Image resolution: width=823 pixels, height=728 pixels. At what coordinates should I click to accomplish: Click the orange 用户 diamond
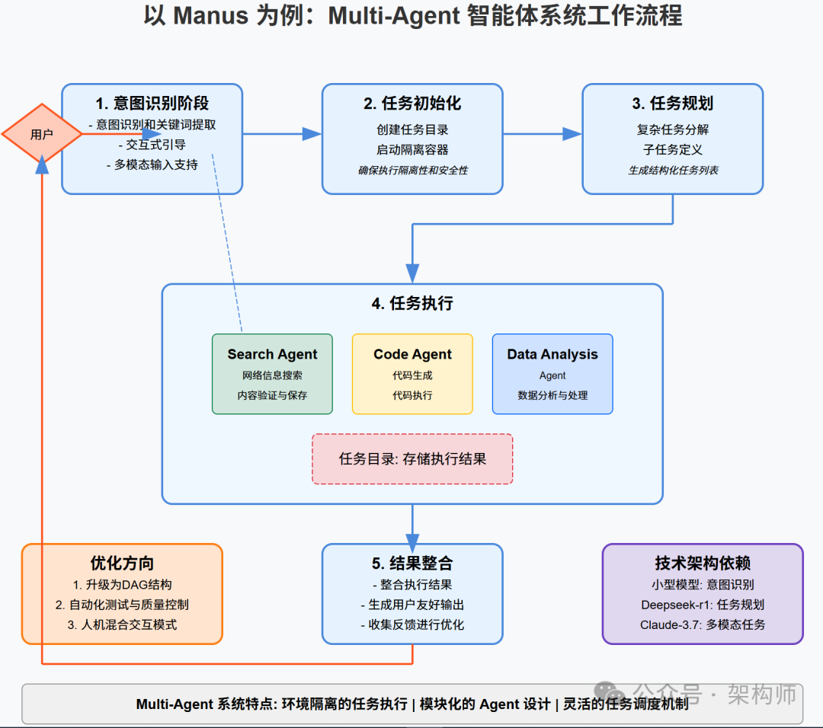(x=41, y=135)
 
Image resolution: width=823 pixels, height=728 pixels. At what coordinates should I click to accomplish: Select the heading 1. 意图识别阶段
(x=152, y=104)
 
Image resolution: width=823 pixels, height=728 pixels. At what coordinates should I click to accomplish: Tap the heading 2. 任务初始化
(x=411, y=104)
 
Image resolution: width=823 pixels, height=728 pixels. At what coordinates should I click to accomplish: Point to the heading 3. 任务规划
(x=672, y=104)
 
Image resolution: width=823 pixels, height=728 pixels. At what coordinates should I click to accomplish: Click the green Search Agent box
(x=272, y=374)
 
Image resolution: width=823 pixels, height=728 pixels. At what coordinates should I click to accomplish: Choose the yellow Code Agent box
(x=412, y=374)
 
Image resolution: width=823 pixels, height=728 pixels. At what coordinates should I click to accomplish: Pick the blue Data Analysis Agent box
(x=552, y=374)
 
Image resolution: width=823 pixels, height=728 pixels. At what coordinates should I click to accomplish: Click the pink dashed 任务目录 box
(x=412, y=459)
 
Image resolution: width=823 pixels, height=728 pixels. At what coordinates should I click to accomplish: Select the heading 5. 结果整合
(x=412, y=564)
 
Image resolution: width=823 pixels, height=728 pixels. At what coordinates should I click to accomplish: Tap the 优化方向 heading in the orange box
(x=122, y=564)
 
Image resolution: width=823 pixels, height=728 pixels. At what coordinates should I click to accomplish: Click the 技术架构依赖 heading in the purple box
(x=703, y=564)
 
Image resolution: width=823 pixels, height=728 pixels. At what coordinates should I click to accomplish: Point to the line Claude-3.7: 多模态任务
(x=703, y=624)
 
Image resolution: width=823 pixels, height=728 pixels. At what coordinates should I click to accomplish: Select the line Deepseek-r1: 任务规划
(x=703, y=605)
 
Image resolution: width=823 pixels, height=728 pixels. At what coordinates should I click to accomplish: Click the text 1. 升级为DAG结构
(x=122, y=585)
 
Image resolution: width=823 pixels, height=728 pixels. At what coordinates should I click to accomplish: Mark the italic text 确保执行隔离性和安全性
(x=412, y=171)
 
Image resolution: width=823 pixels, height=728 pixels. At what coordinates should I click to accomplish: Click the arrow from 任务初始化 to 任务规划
(x=542, y=134)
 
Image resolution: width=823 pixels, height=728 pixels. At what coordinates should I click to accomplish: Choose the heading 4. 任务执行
(x=412, y=303)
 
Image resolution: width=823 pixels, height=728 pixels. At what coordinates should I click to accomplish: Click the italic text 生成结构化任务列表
(x=672, y=171)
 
